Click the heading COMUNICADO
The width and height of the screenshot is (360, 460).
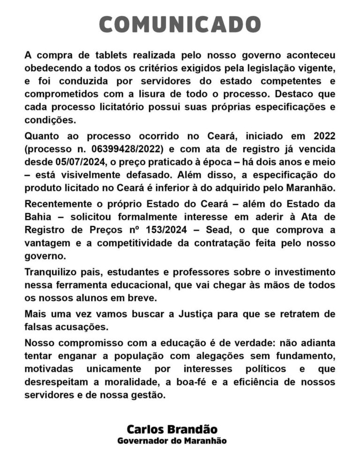[x=180, y=24]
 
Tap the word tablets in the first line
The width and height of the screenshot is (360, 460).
[x=110, y=55]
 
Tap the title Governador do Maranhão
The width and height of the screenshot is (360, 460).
[x=172, y=441]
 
